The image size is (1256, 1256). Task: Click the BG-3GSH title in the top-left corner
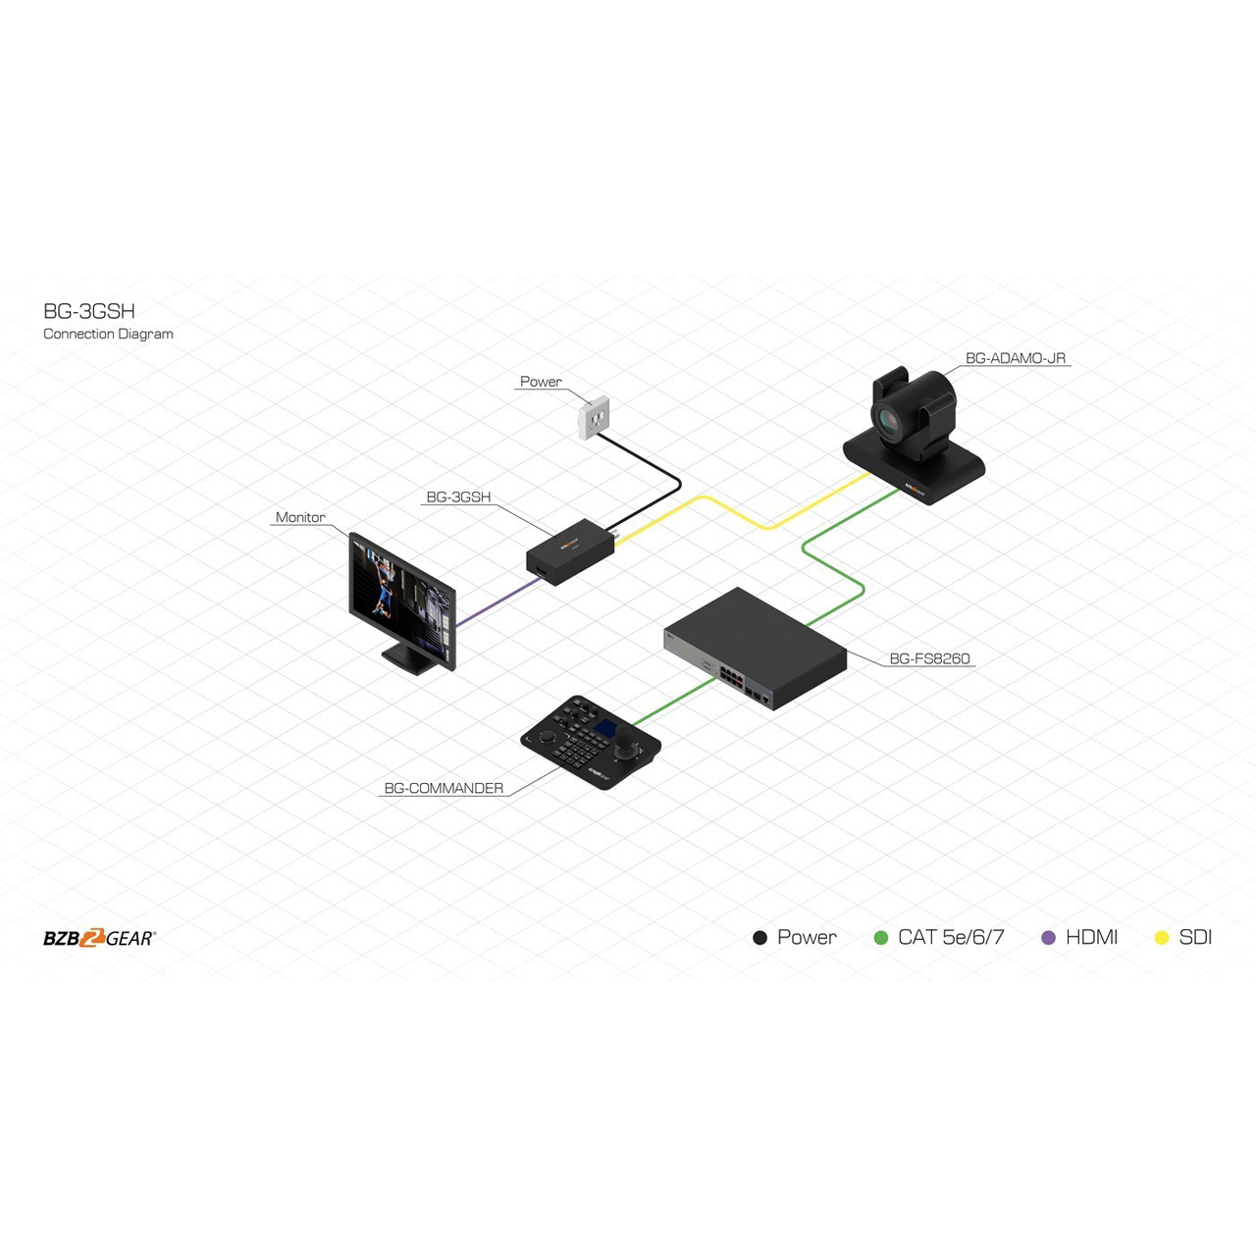tap(89, 312)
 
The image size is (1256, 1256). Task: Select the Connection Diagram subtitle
tap(108, 334)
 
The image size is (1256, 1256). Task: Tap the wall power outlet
tap(594, 417)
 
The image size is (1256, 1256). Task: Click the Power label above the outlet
tap(541, 382)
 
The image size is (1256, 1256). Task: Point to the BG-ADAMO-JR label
tap(1015, 358)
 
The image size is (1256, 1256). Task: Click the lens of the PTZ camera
tap(888, 420)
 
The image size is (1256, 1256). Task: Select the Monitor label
tap(300, 517)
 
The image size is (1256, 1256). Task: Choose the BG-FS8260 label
tap(929, 658)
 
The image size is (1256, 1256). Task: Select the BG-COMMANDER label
tap(444, 788)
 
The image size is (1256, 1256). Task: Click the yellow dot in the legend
tap(1162, 938)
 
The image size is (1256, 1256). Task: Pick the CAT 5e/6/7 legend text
tap(951, 937)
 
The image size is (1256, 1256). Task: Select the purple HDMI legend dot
tap(1049, 938)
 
